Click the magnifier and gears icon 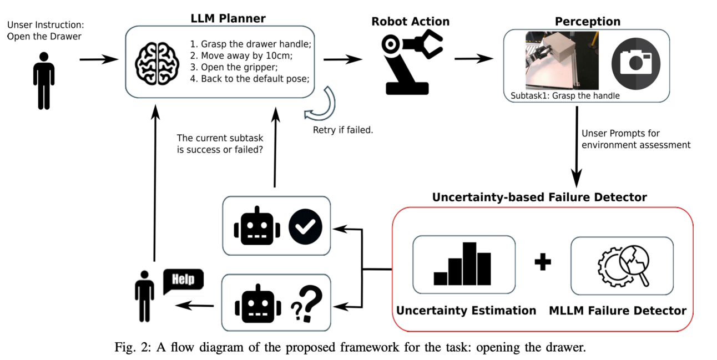click(622, 265)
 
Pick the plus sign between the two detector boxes click(542, 262)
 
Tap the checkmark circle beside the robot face click(305, 226)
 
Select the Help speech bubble click(183, 280)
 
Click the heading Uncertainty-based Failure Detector click(539, 197)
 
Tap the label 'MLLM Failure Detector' click(618, 311)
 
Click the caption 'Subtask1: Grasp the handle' click(564, 95)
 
